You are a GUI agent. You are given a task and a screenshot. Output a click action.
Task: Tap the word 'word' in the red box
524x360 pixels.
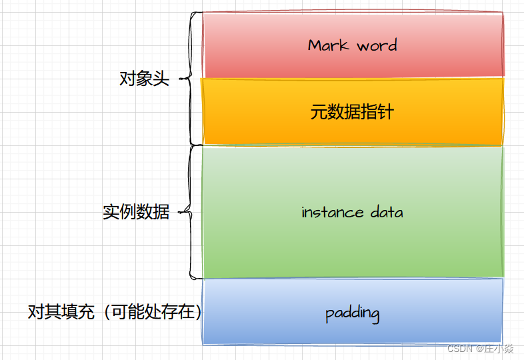pyautogui.click(x=377, y=45)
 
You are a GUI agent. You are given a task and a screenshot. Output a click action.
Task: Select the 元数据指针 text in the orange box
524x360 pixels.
pyautogui.click(x=352, y=111)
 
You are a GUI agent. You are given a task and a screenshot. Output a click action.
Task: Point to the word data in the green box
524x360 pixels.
pyautogui.click(x=386, y=213)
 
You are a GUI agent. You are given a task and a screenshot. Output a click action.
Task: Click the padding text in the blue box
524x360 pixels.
pyautogui.click(x=353, y=313)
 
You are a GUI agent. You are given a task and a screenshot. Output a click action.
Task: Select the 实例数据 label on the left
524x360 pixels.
pyautogui.click(x=136, y=213)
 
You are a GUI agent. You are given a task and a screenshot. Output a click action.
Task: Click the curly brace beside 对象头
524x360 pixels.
pyautogui.click(x=192, y=78)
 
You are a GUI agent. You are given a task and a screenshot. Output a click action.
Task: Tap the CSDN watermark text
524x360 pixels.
pyautogui.click(x=460, y=349)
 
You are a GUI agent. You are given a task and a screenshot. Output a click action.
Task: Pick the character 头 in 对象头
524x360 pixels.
pyautogui.click(x=161, y=79)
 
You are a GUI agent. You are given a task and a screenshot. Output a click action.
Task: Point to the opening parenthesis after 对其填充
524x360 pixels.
pyautogui.click(x=107, y=312)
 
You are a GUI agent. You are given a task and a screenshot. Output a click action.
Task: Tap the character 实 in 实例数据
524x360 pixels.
pyautogui.click(x=111, y=213)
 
